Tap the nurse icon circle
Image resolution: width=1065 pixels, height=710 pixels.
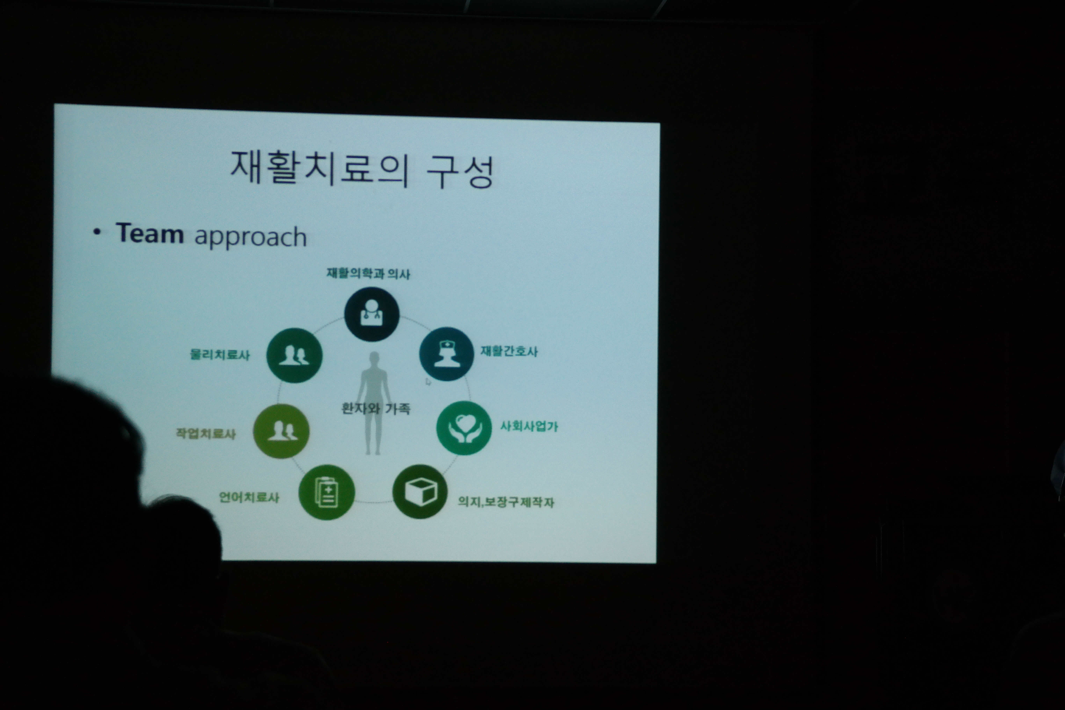pyautogui.click(x=446, y=354)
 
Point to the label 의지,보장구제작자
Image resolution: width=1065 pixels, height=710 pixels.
pyautogui.click(x=506, y=502)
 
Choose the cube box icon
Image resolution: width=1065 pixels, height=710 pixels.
pyautogui.click(x=420, y=491)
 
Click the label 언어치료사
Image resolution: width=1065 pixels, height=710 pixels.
pyautogui.click(x=249, y=497)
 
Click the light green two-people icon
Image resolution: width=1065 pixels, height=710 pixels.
pyautogui.click(x=281, y=431)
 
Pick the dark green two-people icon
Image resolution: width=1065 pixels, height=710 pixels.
pyautogui.click(x=294, y=355)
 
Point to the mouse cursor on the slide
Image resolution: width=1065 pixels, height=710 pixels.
pyautogui.click(x=428, y=382)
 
